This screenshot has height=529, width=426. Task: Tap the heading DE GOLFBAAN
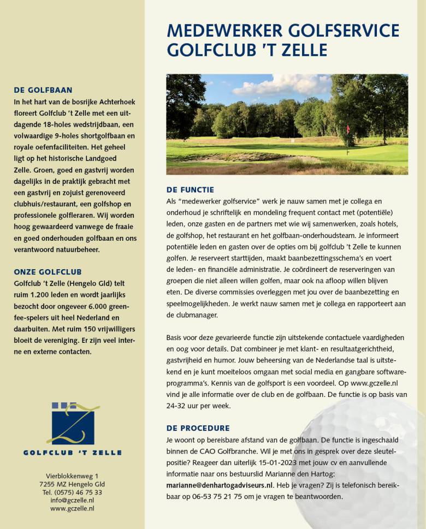tap(43, 90)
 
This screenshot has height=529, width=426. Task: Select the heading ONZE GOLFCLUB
tap(48, 272)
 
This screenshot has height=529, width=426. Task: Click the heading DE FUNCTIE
tap(190, 190)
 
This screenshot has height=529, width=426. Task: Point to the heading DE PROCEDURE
tap(198, 428)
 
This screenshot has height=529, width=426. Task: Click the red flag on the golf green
tap(347, 129)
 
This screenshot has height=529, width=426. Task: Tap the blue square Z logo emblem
tap(73, 424)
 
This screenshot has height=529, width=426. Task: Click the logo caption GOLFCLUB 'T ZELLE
tap(73, 453)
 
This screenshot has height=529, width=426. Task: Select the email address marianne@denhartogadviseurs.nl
tap(220, 485)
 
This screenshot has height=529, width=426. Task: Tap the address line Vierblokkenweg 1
tap(73, 476)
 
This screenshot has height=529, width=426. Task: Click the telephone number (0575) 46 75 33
tap(73, 492)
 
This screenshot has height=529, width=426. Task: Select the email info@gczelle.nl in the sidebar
tap(73, 500)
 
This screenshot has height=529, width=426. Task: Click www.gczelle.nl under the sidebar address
tap(73, 508)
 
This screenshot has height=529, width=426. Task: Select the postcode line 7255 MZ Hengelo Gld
tap(73, 484)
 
